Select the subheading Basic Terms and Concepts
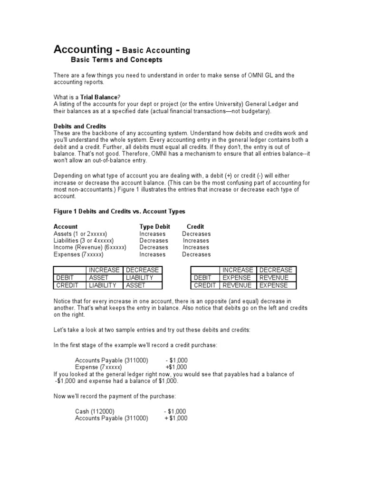tap(116, 60)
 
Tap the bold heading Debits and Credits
tap(79, 126)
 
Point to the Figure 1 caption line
tap(119, 211)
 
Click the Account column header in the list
tap(66, 227)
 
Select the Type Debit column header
tap(154, 227)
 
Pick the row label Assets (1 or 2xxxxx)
tap(80, 234)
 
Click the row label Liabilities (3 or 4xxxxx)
tap(83, 241)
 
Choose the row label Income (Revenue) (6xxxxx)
tap(90, 247)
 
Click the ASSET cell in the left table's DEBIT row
tap(99, 277)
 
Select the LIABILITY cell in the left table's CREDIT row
tap(102, 285)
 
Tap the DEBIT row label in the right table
tap(203, 277)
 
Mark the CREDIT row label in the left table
tap(68, 285)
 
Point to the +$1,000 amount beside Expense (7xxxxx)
tap(176, 367)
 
